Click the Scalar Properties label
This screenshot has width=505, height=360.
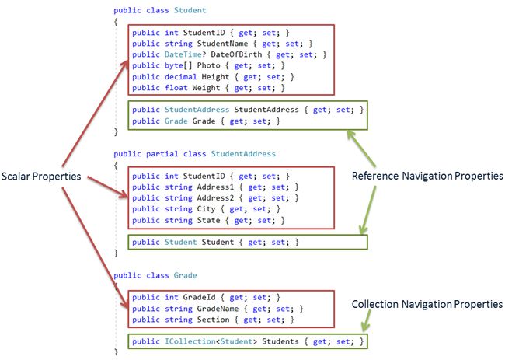[x=41, y=177]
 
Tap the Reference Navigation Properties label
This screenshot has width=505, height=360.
[x=427, y=176]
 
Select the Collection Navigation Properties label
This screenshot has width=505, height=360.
[x=427, y=304]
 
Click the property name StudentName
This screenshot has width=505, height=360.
[x=222, y=44]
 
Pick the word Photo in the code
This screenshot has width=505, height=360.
[x=209, y=65]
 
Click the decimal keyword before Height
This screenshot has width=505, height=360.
[x=181, y=77]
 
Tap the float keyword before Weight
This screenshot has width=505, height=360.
[x=176, y=88]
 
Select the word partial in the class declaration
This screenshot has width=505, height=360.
[x=162, y=154]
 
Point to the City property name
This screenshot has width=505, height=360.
[x=206, y=209]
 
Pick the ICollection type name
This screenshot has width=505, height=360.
[x=190, y=341]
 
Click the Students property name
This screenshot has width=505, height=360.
[x=280, y=341]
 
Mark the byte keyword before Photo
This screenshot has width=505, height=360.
[x=174, y=65]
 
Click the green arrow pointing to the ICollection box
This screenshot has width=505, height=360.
[x=366, y=320]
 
